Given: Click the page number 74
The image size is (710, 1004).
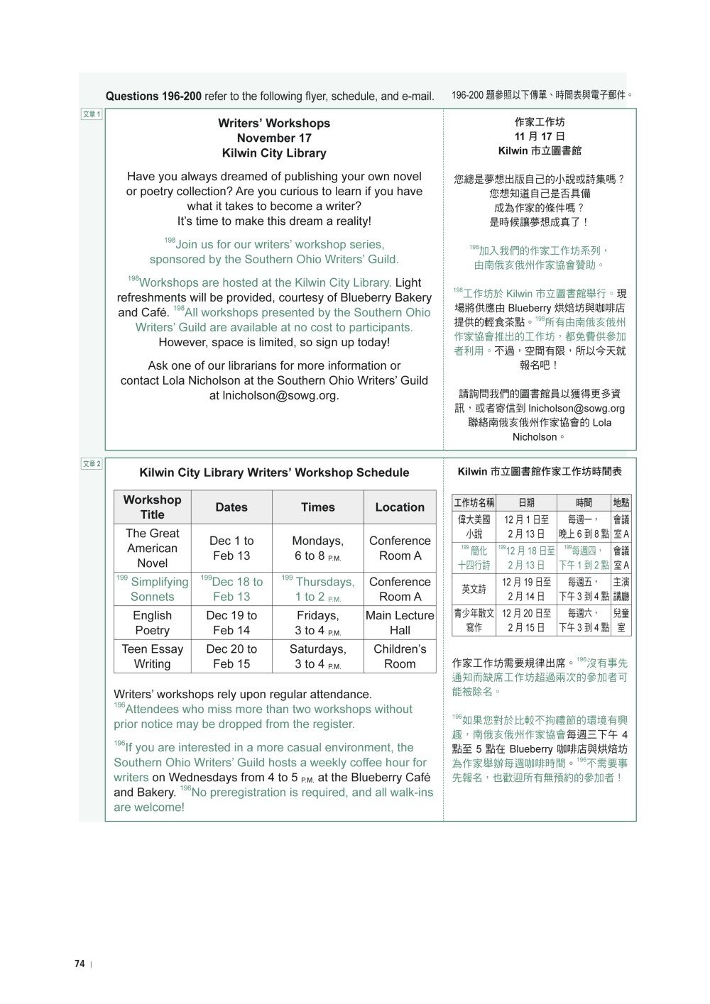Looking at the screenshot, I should pos(80,964).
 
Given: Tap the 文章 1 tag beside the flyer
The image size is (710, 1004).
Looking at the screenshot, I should pos(92,114).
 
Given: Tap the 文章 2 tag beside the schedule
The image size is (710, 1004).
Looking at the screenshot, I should pos(92,463).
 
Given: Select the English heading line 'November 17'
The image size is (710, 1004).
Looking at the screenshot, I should pos(274,138).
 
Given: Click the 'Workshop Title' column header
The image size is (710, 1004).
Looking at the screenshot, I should pos(152,507).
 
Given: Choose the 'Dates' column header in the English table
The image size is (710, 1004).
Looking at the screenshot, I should pos(231,507).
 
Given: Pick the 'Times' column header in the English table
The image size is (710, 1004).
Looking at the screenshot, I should pos(317,507).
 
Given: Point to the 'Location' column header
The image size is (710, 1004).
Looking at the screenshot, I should pos(400,507).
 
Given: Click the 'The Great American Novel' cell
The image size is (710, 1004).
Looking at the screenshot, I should pos(152,548).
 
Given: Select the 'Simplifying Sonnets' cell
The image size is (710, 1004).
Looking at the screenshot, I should pos(152,589).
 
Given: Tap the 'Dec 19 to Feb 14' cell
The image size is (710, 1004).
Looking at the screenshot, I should pos(231,623).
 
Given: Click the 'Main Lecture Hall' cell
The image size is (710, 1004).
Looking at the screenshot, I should pos(400,623).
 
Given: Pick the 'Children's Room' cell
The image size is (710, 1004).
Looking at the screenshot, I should pos(400,656).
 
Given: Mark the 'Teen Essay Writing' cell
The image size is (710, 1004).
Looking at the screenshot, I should pos(152,656).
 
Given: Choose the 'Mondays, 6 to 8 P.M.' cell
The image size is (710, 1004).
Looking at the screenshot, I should pos(317,548).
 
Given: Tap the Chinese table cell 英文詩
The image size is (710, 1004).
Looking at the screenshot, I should pos(474,588).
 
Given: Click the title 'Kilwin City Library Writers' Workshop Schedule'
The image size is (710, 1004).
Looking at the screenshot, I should pos(274,473).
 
